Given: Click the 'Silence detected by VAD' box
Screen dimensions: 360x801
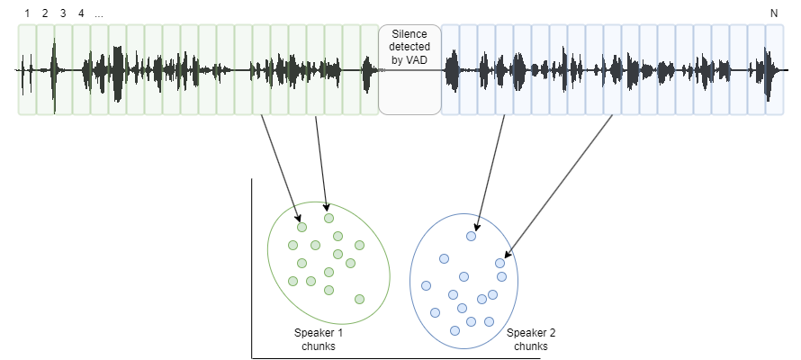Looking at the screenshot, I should (x=409, y=69).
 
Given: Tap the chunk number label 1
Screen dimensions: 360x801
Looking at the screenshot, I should (x=26, y=13).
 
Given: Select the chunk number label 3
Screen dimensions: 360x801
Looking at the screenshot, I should (x=62, y=13).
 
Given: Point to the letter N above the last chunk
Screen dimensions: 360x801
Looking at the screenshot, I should (x=774, y=13).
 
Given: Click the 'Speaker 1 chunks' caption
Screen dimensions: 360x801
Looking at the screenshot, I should (x=319, y=339).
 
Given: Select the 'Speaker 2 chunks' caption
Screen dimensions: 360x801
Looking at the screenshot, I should (x=530, y=339).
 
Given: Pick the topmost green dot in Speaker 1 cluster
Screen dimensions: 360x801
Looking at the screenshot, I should (x=328, y=218).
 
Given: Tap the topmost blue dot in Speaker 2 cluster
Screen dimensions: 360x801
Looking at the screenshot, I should (x=470, y=236).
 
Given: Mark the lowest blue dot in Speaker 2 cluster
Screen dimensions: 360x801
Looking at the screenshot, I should (x=454, y=330).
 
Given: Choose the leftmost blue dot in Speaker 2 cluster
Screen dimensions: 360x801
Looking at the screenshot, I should (x=427, y=286).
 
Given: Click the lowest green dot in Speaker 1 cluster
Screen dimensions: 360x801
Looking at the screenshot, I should (x=359, y=299).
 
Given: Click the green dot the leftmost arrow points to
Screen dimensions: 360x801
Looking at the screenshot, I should (x=301, y=227).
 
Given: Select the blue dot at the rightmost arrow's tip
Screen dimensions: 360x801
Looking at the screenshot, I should (x=499, y=263).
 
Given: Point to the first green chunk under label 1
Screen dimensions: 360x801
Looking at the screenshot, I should (x=27, y=69).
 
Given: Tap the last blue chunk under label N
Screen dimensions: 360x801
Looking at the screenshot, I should (x=774, y=69).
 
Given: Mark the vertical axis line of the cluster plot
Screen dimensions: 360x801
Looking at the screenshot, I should (x=251, y=270).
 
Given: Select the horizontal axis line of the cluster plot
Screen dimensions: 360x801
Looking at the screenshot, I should (x=396, y=358).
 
